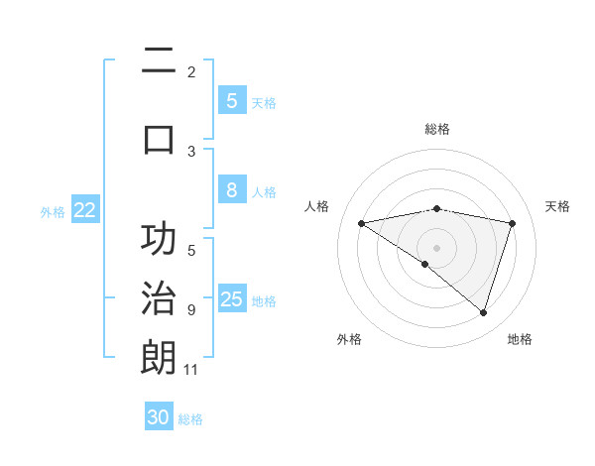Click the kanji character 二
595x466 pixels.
click(159, 61)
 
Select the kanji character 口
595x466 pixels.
click(159, 138)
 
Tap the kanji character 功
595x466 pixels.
click(159, 241)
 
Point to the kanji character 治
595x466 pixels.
click(159, 297)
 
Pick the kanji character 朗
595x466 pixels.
click(159, 357)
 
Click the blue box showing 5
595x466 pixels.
click(231, 100)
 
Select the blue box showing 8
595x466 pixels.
click(231, 191)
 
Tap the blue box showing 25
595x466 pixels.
click(231, 299)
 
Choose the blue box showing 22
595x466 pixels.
click(85, 210)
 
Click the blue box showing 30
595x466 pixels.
click(159, 417)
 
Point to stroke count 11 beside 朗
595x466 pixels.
click(191, 370)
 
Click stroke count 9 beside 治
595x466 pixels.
click(191, 310)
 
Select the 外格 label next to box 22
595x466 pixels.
click(53, 211)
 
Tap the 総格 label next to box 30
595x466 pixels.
click(190, 419)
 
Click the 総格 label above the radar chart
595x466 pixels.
click(436, 129)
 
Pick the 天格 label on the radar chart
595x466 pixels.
click(558, 206)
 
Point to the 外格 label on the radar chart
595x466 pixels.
click(349, 340)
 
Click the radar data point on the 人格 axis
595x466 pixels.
click(361, 223)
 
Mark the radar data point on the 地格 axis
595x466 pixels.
click(483, 312)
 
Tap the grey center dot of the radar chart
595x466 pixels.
click(436, 247)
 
